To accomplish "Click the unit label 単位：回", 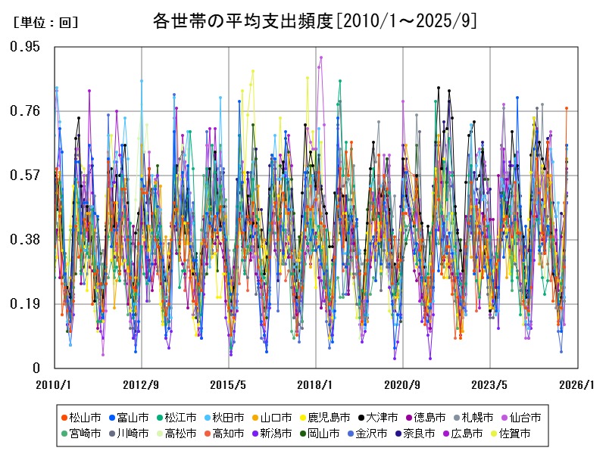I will coord(45,23).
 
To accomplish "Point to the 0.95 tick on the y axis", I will coord(25,47).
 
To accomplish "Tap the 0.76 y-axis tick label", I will coord(25,111).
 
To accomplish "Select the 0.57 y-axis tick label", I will coord(25,176).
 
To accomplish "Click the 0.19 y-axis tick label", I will coord(25,304).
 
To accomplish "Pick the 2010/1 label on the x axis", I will coord(54,384).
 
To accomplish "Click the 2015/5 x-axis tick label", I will coord(228,384).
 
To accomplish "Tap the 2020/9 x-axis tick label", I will coord(402,384).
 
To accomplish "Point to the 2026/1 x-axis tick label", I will coord(576,384).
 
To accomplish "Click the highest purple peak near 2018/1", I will coord(321,58).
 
